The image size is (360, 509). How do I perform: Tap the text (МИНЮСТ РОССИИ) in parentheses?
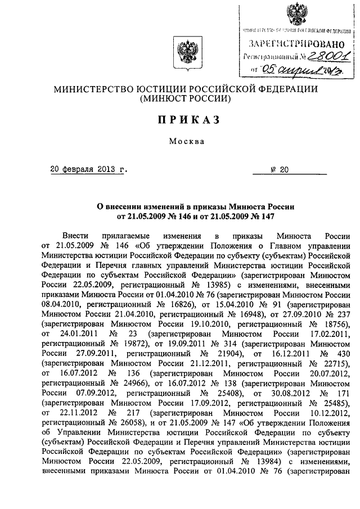(x=181, y=98)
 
